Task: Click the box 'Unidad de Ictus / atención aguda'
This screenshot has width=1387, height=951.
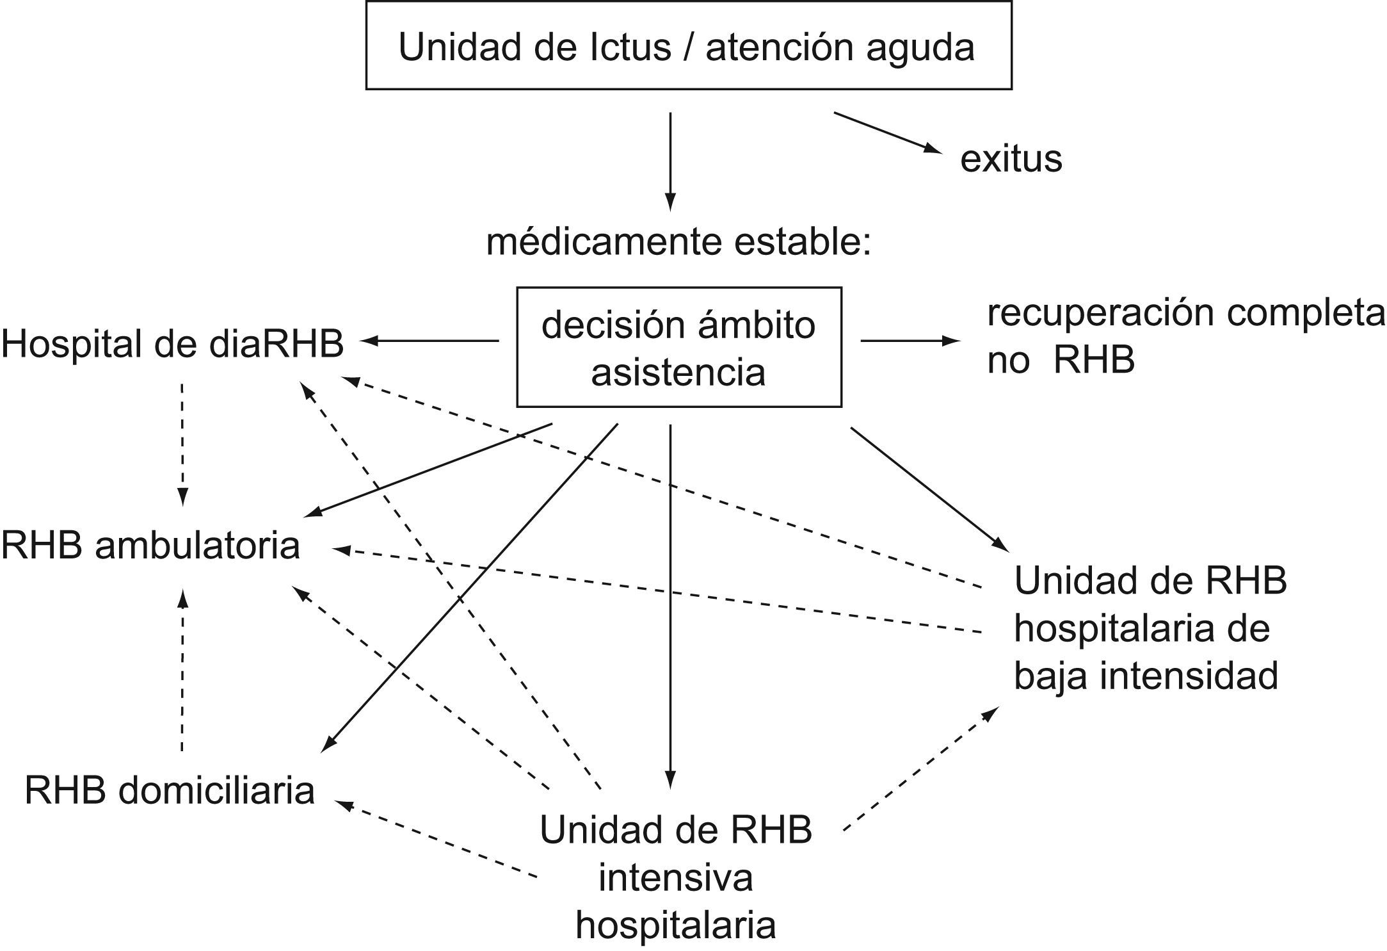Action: pyautogui.click(x=688, y=45)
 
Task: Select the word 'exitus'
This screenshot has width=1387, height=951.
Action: pyautogui.click(x=1011, y=159)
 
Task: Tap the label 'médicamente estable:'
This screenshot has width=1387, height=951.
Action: pyautogui.click(x=678, y=243)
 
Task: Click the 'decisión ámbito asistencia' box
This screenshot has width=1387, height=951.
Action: pyautogui.click(x=678, y=347)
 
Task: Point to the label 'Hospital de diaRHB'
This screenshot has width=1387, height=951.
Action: pyautogui.click(x=172, y=344)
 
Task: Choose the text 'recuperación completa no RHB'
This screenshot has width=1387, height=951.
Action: pyautogui.click(x=1184, y=336)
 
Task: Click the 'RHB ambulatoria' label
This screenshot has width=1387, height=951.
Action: pyautogui.click(x=150, y=546)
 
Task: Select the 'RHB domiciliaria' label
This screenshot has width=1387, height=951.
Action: pyautogui.click(x=170, y=790)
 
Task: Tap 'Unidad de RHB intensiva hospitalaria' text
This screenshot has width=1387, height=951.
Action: pyautogui.click(x=676, y=877)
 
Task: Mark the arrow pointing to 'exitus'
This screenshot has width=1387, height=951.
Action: pyautogui.click(x=888, y=133)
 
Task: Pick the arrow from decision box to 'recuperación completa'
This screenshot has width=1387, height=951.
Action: pyautogui.click(x=910, y=341)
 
